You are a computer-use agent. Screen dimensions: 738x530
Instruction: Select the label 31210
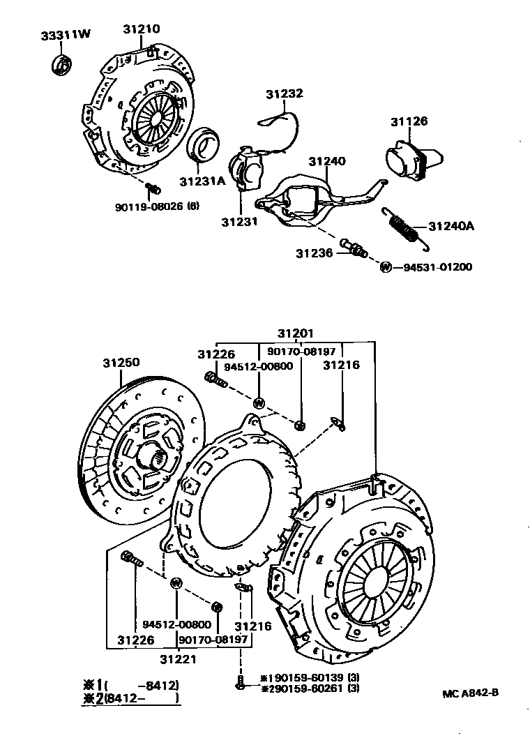pos(142,29)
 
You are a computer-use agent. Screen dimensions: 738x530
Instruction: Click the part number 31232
pos(283,93)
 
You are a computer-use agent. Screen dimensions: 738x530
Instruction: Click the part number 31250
pos(121,363)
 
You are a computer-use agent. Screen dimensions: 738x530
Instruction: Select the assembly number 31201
pos(295,333)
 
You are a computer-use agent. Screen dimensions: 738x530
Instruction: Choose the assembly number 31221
pos(178,657)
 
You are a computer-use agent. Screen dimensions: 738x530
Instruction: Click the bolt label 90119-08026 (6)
pos(158,206)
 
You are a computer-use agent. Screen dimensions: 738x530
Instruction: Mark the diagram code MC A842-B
pos(470,693)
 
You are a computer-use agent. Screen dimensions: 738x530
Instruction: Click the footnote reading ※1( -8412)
pos(129,685)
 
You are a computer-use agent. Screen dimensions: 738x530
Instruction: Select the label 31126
pos(409,121)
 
